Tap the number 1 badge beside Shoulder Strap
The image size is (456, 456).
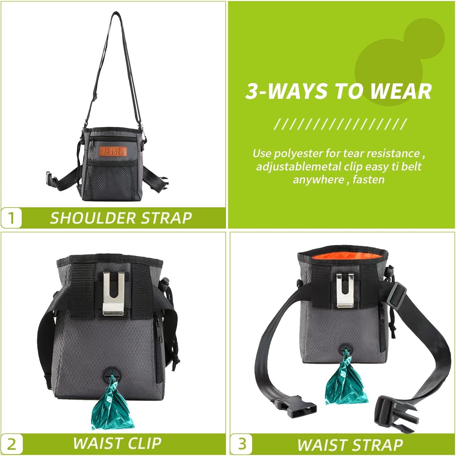12,218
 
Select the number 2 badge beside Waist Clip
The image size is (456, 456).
12,444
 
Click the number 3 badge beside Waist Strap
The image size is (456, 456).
242,444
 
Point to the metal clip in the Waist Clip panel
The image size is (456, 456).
113,293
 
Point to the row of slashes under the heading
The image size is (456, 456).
340,124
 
